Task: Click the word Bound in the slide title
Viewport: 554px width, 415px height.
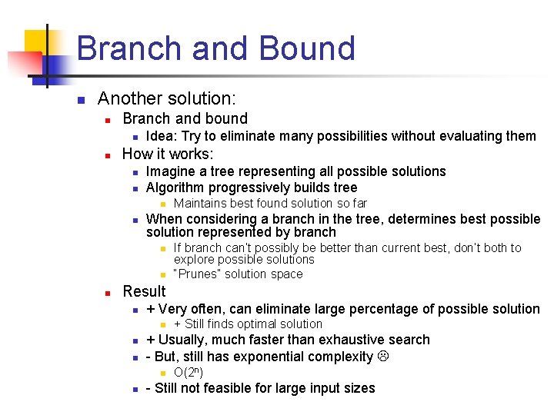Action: point(307,48)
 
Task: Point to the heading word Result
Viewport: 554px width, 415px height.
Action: point(144,291)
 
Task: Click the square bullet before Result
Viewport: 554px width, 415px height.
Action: point(110,293)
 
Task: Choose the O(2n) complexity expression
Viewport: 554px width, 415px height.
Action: point(189,373)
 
